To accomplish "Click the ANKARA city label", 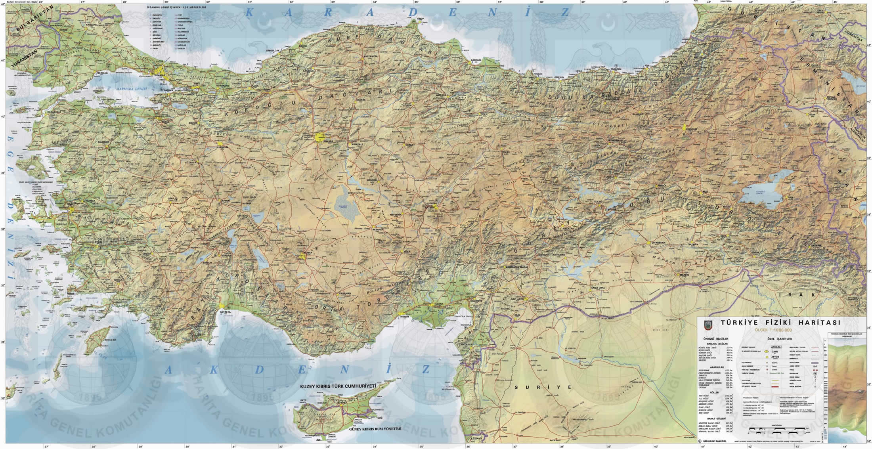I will pos(328,141).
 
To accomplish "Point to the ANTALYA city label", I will pos(226,312).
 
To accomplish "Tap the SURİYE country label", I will pos(543,387).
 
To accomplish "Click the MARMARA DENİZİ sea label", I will pos(131,88).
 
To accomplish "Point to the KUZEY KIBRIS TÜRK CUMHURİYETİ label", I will pos(338,386).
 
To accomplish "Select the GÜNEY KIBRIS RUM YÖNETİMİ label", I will pos(375,429).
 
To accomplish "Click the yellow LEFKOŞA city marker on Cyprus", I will pos(340,404).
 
